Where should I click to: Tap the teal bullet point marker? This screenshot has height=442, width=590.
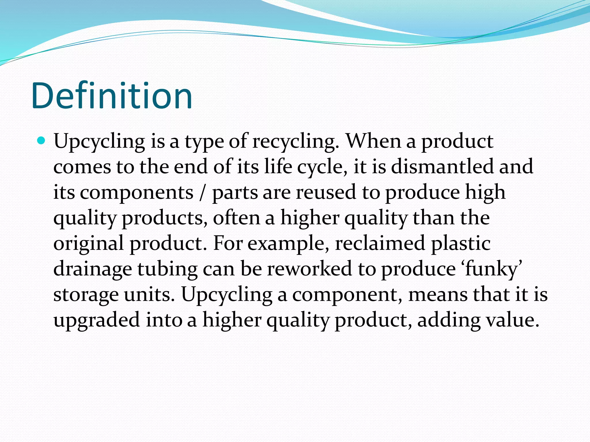[x=41, y=141]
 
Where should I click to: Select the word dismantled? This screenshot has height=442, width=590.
[x=442, y=167]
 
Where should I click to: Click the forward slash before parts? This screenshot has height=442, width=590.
[x=203, y=193]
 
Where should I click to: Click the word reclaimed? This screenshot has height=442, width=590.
[x=380, y=243]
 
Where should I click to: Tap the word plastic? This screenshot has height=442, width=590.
[x=461, y=243]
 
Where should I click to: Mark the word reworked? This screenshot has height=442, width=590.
[x=309, y=269]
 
